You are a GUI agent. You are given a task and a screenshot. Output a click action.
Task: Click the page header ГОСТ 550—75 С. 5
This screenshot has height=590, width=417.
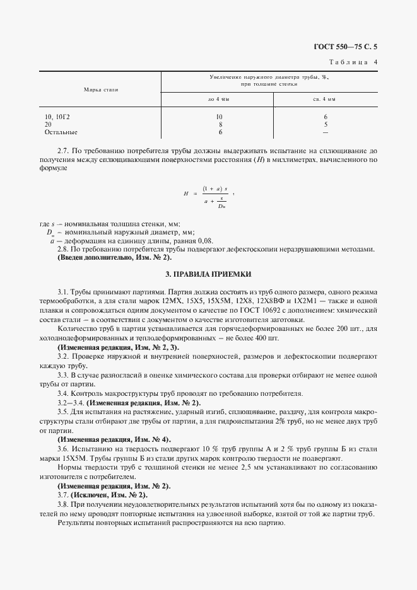point(349,46)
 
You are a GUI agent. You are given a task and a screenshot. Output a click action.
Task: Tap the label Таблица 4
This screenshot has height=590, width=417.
point(353,62)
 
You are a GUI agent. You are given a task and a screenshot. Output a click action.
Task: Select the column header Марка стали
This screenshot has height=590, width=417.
point(101,90)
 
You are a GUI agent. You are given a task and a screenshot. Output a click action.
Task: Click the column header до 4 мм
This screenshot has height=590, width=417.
point(220,100)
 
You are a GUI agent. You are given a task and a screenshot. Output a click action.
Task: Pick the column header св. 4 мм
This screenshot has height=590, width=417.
point(325,100)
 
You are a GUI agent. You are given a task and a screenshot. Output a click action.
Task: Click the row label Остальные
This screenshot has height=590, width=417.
point(61,132)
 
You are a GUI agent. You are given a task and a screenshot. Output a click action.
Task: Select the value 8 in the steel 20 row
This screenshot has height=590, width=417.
point(220,125)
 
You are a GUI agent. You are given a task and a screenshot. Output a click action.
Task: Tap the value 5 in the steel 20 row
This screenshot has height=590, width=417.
point(325,125)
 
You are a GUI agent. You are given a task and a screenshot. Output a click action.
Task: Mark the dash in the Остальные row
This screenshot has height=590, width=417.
point(325,132)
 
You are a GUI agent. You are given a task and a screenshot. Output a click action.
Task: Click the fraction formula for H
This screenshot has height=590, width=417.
point(215,195)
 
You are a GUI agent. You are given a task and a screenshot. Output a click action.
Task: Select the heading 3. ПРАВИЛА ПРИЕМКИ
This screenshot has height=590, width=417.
point(208,275)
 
